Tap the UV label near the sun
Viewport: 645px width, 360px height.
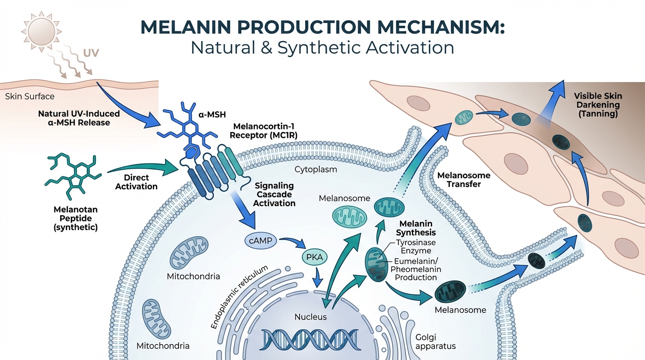pyautogui.click(x=91, y=52)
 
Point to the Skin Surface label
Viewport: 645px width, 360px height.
pyautogui.click(x=30, y=97)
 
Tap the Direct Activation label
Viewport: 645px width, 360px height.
pyautogui.click(x=136, y=182)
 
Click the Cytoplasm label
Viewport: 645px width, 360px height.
pyautogui.click(x=315, y=169)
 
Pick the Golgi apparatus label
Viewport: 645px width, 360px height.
pyautogui.click(x=435, y=342)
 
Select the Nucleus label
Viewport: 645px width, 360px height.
pyautogui.click(x=310, y=317)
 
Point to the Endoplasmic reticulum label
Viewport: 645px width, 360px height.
pyautogui.click(x=240, y=296)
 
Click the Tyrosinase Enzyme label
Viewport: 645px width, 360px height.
pyautogui.click(x=416, y=247)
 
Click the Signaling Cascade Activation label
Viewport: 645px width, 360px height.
pyautogui.click(x=275, y=195)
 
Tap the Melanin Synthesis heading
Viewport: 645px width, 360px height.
pyautogui.click(x=416, y=228)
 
